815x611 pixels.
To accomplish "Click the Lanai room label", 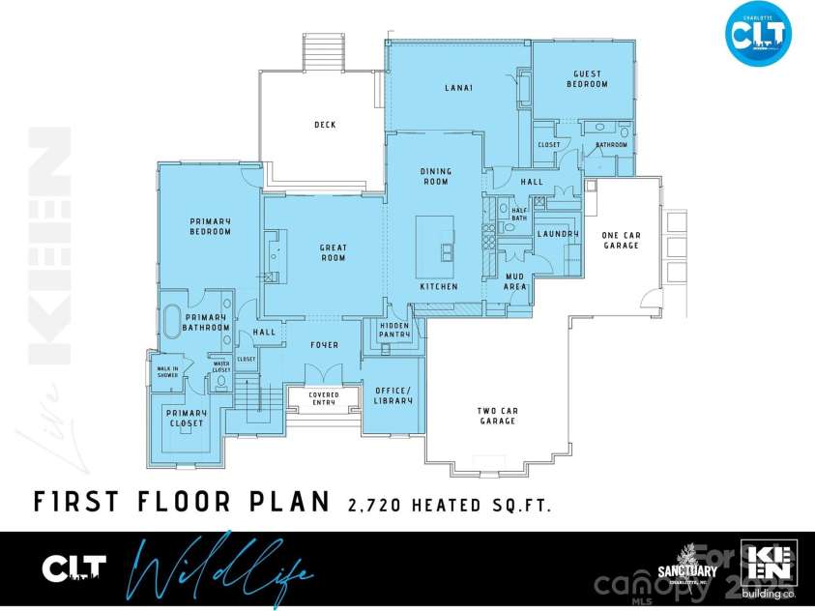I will [458, 88].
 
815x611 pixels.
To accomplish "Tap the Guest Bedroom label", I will [587, 79].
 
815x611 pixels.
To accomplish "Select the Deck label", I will [325, 124].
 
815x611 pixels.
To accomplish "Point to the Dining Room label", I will [435, 176].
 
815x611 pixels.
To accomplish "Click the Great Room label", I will [333, 253].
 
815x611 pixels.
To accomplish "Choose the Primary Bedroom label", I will [210, 226].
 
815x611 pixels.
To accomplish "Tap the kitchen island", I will [436, 239].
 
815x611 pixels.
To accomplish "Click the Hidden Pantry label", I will [393, 331].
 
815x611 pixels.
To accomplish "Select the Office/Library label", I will [393, 394].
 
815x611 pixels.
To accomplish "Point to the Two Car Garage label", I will [497, 416].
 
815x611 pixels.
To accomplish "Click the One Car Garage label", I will [621, 240].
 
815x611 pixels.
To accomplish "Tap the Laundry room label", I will [558, 234].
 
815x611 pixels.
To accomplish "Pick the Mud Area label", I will [515, 281].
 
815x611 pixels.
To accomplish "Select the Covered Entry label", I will [323, 398].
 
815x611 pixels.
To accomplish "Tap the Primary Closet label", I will [186, 419].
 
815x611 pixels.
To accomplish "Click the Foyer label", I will [324, 345].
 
